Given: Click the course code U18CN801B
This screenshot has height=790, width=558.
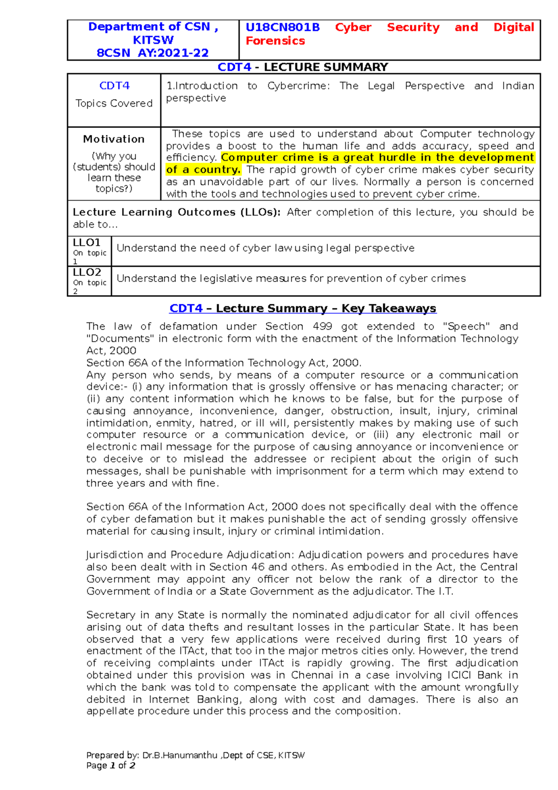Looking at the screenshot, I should point(282,27).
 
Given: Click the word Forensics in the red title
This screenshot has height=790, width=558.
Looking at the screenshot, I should point(275,41).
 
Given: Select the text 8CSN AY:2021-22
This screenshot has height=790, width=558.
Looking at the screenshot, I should point(153,53).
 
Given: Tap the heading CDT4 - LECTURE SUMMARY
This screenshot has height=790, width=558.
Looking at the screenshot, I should point(303,67).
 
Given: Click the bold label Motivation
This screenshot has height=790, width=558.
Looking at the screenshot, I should point(114,139).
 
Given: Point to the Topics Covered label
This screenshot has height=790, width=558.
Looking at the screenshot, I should point(114,103).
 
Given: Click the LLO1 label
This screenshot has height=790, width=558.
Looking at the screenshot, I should point(87,242).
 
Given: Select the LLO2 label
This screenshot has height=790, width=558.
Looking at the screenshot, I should point(87,272).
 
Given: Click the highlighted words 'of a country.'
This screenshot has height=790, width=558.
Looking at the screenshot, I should point(203,170).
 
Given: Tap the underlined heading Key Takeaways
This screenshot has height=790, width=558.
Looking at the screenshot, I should point(389,308).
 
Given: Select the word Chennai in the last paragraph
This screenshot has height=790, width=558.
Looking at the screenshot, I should point(312,675).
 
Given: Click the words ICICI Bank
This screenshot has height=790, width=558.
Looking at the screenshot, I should point(475,675).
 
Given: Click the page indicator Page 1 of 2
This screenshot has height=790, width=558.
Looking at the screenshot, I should point(111,766).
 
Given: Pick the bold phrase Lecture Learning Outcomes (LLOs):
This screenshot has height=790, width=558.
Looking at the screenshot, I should point(177,212).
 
